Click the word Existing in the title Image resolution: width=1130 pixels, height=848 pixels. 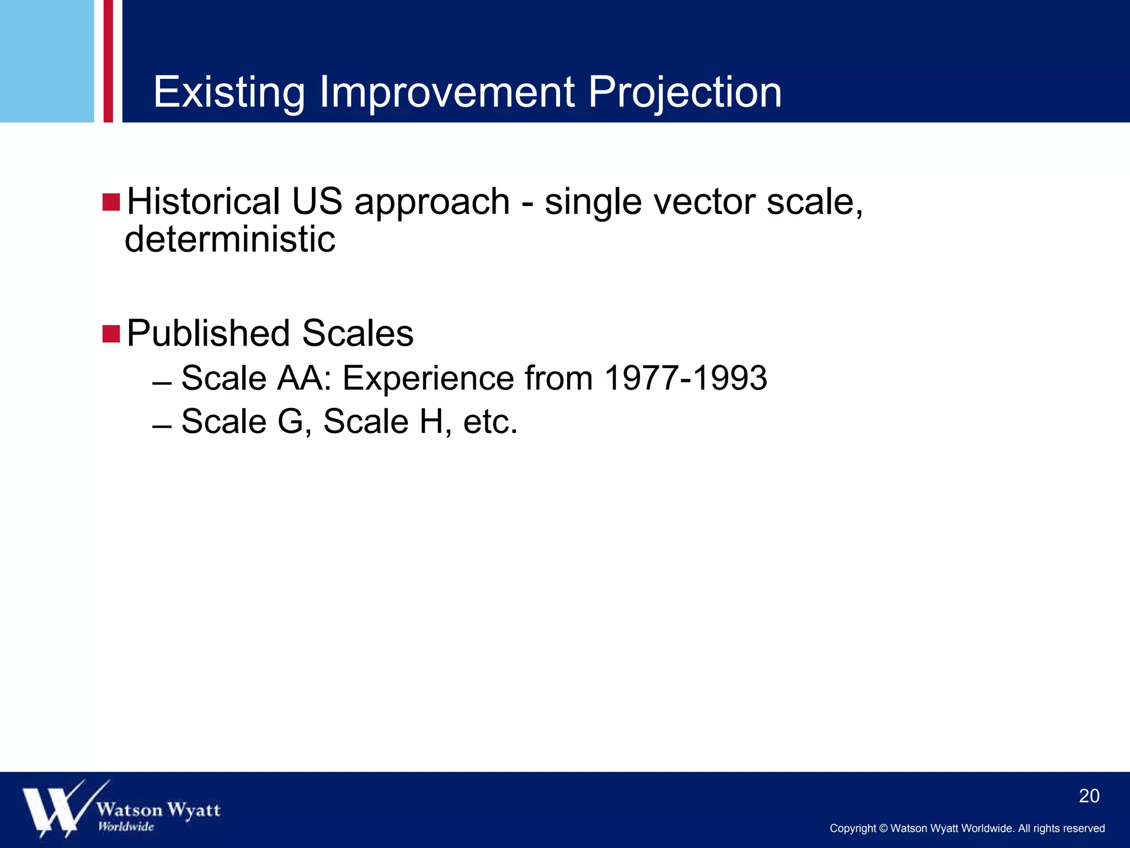pyautogui.click(x=228, y=92)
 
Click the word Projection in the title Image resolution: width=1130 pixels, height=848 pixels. pyautogui.click(x=684, y=92)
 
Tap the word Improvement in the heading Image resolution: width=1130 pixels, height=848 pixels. pyautogui.click(x=446, y=92)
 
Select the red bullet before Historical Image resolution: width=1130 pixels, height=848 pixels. pyautogui.click(x=111, y=202)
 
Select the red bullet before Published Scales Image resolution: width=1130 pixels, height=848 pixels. pyautogui.click(x=111, y=334)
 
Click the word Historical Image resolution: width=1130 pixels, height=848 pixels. pyautogui.click(x=203, y=202)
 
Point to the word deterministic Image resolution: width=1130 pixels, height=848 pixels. pyautogui.click(x=230, y=240)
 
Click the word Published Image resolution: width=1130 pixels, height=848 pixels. pyautogui.click(x=207, y=333)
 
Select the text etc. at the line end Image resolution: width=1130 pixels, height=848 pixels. pyautogui.click(x=490, y=422)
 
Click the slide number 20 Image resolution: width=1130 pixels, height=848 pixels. pyautogui.click(x=1089, y=796)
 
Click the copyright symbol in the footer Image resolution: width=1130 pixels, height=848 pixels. pyautogui.click(x=883, y=829)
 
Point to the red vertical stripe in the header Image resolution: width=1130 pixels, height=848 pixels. pyautogui.click(x=108, y=61)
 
